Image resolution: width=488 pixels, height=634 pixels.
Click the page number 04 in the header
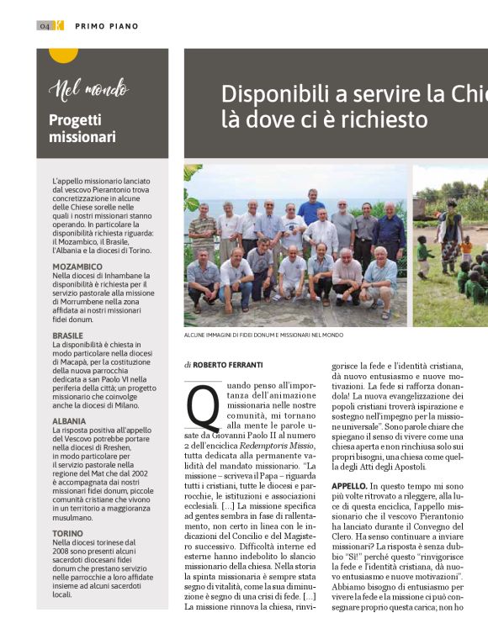pos(45,26)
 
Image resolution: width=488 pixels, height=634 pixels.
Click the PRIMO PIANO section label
pos(107,27)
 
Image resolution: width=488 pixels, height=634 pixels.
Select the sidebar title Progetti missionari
pos(82,129)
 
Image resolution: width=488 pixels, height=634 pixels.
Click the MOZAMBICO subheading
pos(77,267)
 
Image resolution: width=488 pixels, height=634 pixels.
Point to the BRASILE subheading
pos(68,335)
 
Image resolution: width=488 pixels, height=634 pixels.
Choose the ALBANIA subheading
pos(70,420)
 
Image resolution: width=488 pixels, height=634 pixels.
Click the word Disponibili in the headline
pos(278,93)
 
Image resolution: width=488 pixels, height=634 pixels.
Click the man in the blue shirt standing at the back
pos(311,206)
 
